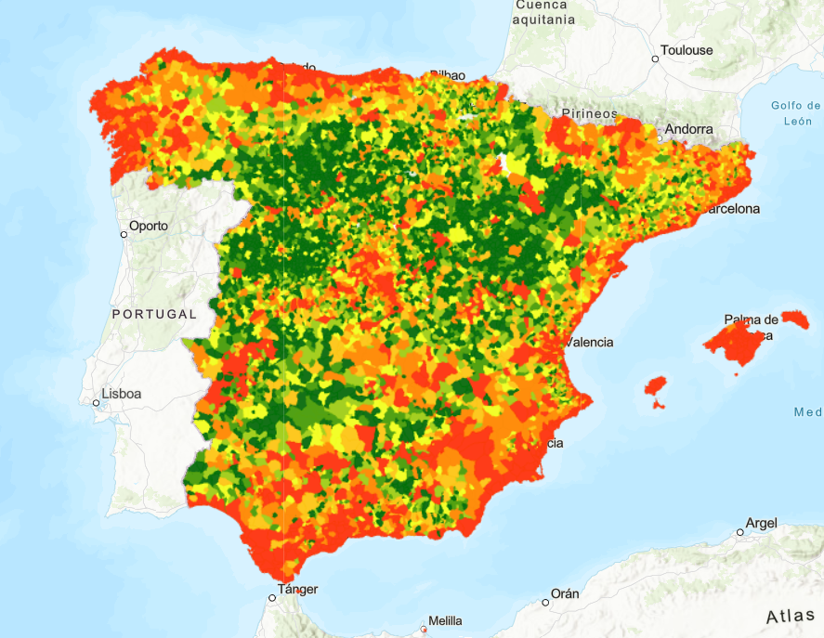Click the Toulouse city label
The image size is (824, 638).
(687, 50)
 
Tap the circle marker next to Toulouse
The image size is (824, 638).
(655, 59)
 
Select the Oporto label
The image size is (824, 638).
(149, 226)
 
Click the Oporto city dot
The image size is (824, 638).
(124, 234)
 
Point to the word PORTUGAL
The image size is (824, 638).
(154, 314)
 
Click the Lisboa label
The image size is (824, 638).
(122, 394)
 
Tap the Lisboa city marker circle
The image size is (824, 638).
(96, 402)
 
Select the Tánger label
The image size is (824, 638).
(297, 589)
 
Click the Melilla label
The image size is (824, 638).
(445, 620)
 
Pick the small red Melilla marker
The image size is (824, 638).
(423, 630)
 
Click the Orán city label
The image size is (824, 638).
(565, 593)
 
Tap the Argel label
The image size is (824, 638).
(762, 524)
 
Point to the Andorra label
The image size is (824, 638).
(689, 129)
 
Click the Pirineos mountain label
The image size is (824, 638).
(588, 113)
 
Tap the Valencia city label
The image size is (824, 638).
(590, 342)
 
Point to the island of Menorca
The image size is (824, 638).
(795, 319)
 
